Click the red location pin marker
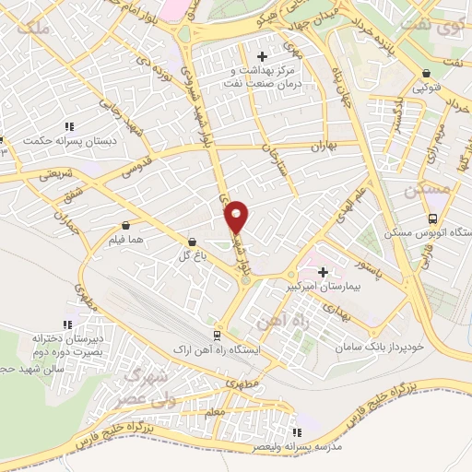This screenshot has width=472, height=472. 237,216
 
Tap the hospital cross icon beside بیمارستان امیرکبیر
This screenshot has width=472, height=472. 323,272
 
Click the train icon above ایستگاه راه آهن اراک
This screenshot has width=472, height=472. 216,335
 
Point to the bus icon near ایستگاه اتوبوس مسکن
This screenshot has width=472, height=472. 432,218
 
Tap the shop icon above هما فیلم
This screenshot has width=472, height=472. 124,224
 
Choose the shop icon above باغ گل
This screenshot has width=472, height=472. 191,241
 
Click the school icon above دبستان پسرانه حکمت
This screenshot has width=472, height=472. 68,126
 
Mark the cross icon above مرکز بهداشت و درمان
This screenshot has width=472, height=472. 267,56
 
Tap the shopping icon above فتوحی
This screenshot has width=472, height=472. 425,74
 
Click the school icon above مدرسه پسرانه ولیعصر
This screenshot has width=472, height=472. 296,431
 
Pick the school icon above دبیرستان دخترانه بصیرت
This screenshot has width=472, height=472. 65,324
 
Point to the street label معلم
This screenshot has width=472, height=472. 214,415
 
